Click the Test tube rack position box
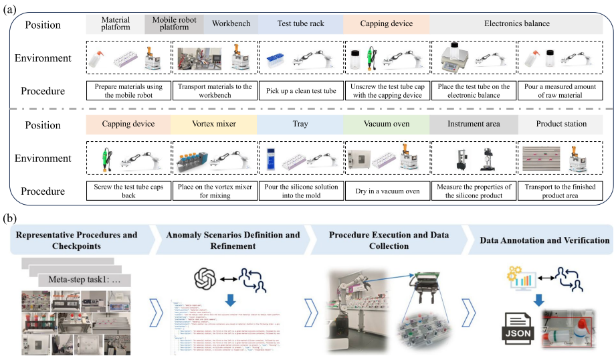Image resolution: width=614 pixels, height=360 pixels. (300, 24)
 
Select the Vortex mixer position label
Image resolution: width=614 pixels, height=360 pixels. (213, 124)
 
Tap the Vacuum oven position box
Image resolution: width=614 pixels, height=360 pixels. (386, 124)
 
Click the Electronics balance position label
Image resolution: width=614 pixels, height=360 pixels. (516, 24)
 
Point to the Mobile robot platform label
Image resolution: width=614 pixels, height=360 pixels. (174, 24)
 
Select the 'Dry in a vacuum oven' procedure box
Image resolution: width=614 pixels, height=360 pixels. (386, 190)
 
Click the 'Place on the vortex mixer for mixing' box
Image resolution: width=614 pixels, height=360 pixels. (213, 190)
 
